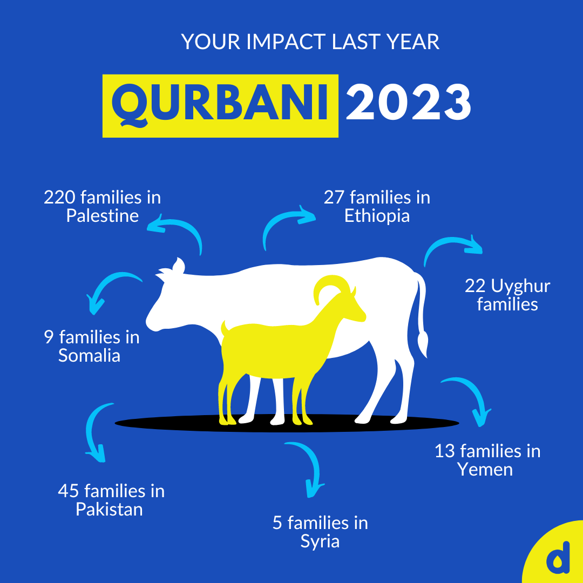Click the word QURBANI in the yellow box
[x=220, y=105]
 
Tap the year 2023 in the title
[x=409, y=103]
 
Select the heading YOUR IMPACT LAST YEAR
[x=310, y=42]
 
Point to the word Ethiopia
[x=377, y=216]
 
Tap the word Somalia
[x=89, y=356]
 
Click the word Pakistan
[x=109, y=509]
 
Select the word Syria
[x=320, y=541]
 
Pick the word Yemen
[x=485, y=469]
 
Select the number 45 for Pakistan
[x=69, y=491]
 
